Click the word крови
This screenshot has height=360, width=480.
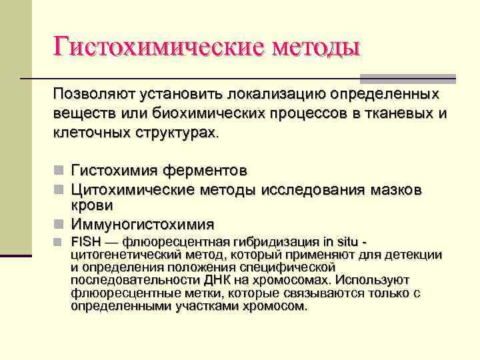[92, 205]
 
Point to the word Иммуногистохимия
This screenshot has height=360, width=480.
[143, 224]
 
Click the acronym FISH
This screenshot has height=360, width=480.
[85, 241]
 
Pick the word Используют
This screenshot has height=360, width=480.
[374, 279]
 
